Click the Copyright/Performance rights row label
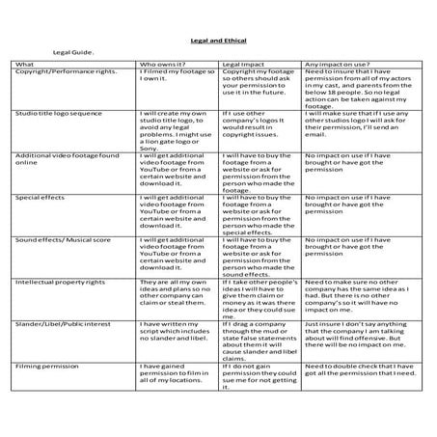click(66, 73)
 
